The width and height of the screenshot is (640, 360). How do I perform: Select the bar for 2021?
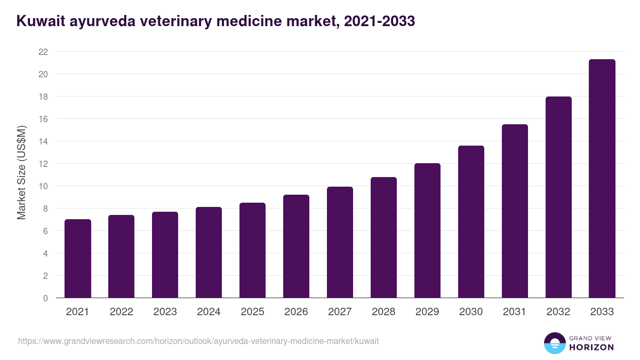point(78,259)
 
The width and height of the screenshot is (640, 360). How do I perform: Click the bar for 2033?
point(602,179)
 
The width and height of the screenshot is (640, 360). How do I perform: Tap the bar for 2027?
point(340,242)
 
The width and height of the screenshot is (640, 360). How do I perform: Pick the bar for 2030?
point(471,222)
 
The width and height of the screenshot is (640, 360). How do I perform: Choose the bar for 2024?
point(209,252)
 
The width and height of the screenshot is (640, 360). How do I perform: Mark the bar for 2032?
point(558,197)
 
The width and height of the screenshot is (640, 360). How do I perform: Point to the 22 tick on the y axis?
point(43,52)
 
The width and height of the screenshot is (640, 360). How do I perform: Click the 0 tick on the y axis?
point(45,298)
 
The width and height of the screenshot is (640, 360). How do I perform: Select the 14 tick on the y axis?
point(43,141)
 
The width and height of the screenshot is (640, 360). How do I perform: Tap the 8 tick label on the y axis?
point(45,209)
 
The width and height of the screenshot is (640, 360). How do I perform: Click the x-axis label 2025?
point(252,312)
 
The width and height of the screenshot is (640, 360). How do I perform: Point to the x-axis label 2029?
point(427,312)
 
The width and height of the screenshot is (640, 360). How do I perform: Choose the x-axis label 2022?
point(121,312)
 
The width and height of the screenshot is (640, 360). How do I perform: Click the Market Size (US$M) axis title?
point(21,172)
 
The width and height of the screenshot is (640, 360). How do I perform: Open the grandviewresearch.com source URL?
point(198,341)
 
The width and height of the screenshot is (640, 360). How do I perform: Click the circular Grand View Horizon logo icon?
point(554,343)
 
